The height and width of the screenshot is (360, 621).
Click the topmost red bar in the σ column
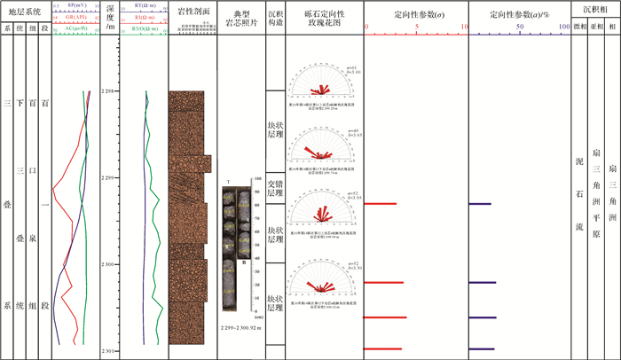click(381, 204)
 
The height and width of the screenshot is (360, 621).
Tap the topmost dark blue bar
click(480, 204)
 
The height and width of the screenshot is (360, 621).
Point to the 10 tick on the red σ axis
click(466, 27)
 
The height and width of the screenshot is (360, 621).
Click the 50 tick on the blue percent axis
click(521, 27)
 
